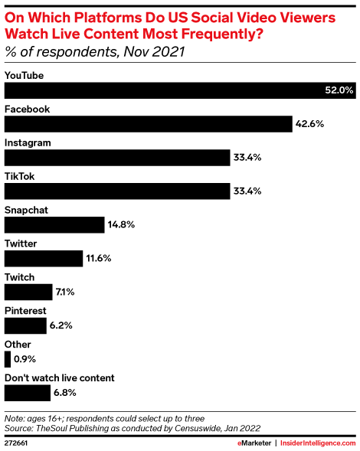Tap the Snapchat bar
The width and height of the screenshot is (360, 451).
(x=54, y=224)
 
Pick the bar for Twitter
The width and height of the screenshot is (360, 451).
(x=44, y=258)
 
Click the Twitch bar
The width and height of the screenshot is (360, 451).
(x=28, y=292)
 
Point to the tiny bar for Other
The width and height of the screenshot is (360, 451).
(x=7, y=359)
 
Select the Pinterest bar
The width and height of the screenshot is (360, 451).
(x=27, y=325)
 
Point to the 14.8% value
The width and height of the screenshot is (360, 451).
(x=122, y=225)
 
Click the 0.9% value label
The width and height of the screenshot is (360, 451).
(x=24, y=359)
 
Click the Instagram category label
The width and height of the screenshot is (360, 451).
(x=28, y=143)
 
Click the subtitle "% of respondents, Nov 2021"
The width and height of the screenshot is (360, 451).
(x=95, y=53)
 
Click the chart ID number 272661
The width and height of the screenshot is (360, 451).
(x=18, y=443)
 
